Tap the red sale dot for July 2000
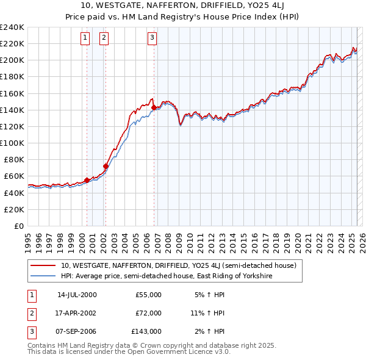point(87,180)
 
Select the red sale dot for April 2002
point(106,166)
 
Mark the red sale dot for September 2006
point(154,107)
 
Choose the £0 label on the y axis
point(18,226)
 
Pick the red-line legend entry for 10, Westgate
point(178,265)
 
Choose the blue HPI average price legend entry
point(166,276)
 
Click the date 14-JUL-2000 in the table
point(77,295)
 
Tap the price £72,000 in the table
point(148,313)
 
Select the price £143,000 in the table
point(146,331)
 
